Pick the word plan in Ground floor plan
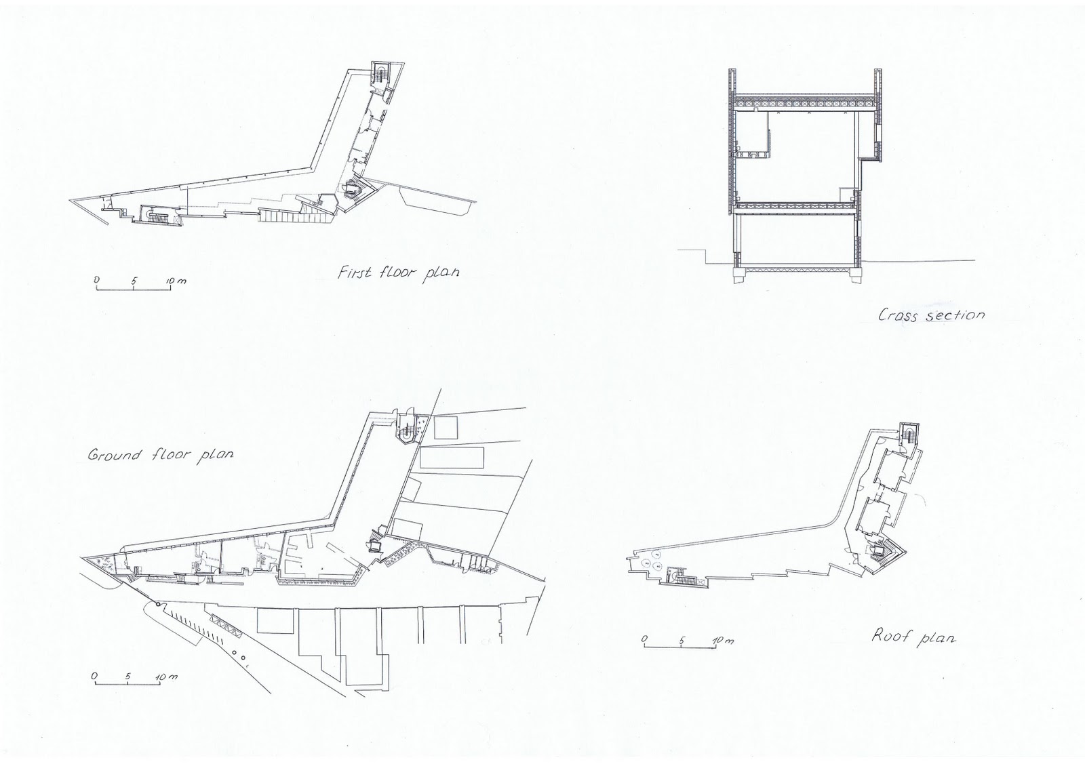tap(215, 455)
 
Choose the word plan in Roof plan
tap(935, 637)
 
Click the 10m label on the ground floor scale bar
tap(166, 677)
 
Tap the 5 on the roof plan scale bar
tap(682, 639)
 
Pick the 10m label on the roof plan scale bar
tap(723, 640)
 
